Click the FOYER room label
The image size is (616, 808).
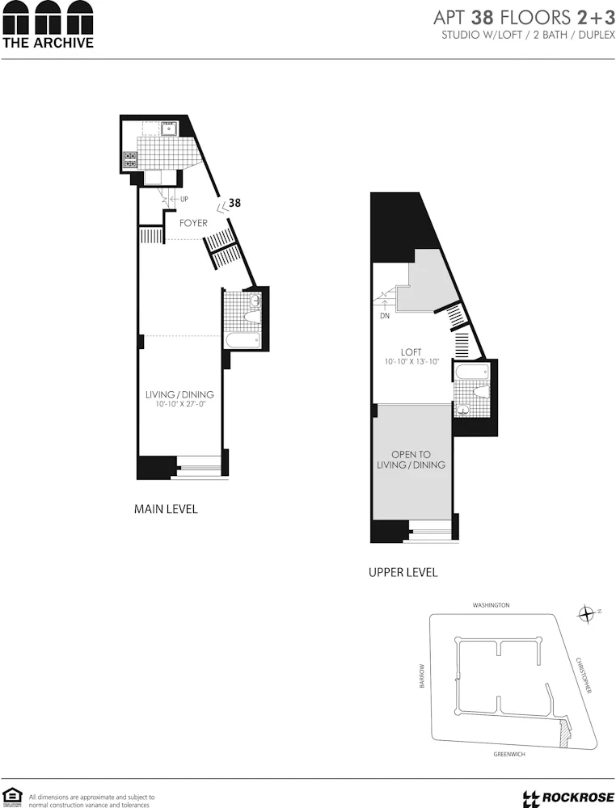194,223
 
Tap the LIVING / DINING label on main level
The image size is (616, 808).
179,394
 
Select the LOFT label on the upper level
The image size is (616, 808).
412,352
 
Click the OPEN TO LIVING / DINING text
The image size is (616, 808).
411,460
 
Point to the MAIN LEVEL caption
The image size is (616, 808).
166,510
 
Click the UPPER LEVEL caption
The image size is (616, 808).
403,572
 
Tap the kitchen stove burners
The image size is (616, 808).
129,160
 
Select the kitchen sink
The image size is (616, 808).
170,128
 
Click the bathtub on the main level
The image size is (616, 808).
242,340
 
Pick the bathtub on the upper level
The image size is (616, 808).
471,373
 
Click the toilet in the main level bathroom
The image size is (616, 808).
253,302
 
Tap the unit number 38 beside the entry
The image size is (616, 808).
234,203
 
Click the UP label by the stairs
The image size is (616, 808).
184,200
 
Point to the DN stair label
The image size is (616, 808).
385,316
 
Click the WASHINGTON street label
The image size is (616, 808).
491,605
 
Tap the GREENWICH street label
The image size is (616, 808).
509,755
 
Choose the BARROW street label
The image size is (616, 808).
421,677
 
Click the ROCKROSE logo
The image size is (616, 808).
563,798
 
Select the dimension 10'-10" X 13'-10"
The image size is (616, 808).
412,363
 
